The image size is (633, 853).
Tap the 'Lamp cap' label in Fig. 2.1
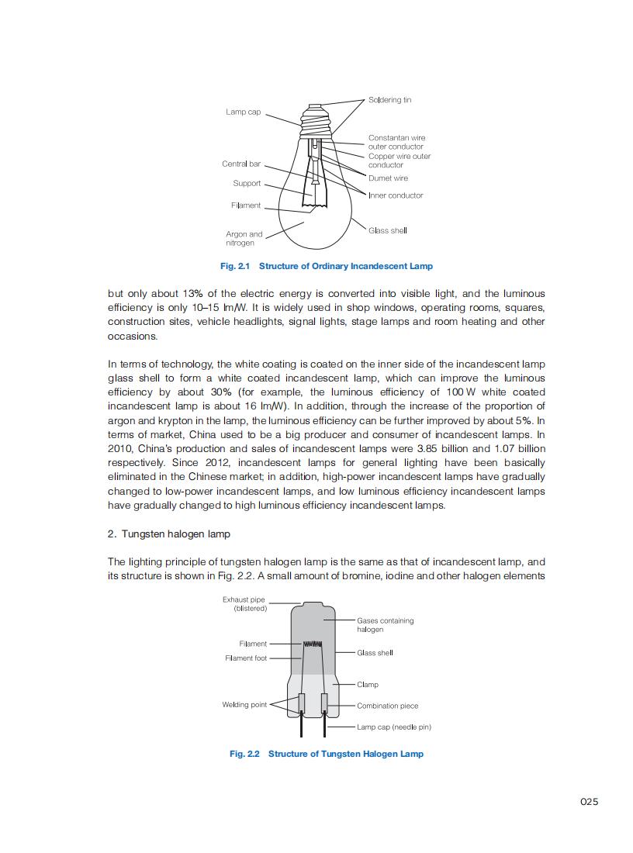point(243,112)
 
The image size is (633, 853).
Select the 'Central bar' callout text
point(241,164)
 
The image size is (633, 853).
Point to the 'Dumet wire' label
point(388,178)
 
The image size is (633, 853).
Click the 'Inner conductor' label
point(396,195)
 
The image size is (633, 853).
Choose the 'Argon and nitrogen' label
point(244,238)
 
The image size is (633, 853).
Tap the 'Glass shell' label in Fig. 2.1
point(387,230)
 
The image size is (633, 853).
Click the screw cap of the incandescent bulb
point(316,120)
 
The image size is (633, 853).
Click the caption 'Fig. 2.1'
point(236,266)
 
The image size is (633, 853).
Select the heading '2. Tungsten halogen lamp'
point(168,534)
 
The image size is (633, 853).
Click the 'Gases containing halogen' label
point(385,625)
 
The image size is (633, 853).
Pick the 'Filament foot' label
point(246,658)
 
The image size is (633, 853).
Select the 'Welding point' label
point(244,705)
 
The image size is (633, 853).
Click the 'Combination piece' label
point(387,706)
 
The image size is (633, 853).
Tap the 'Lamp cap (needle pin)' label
point(394,727)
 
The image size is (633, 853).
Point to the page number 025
point(589,802)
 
